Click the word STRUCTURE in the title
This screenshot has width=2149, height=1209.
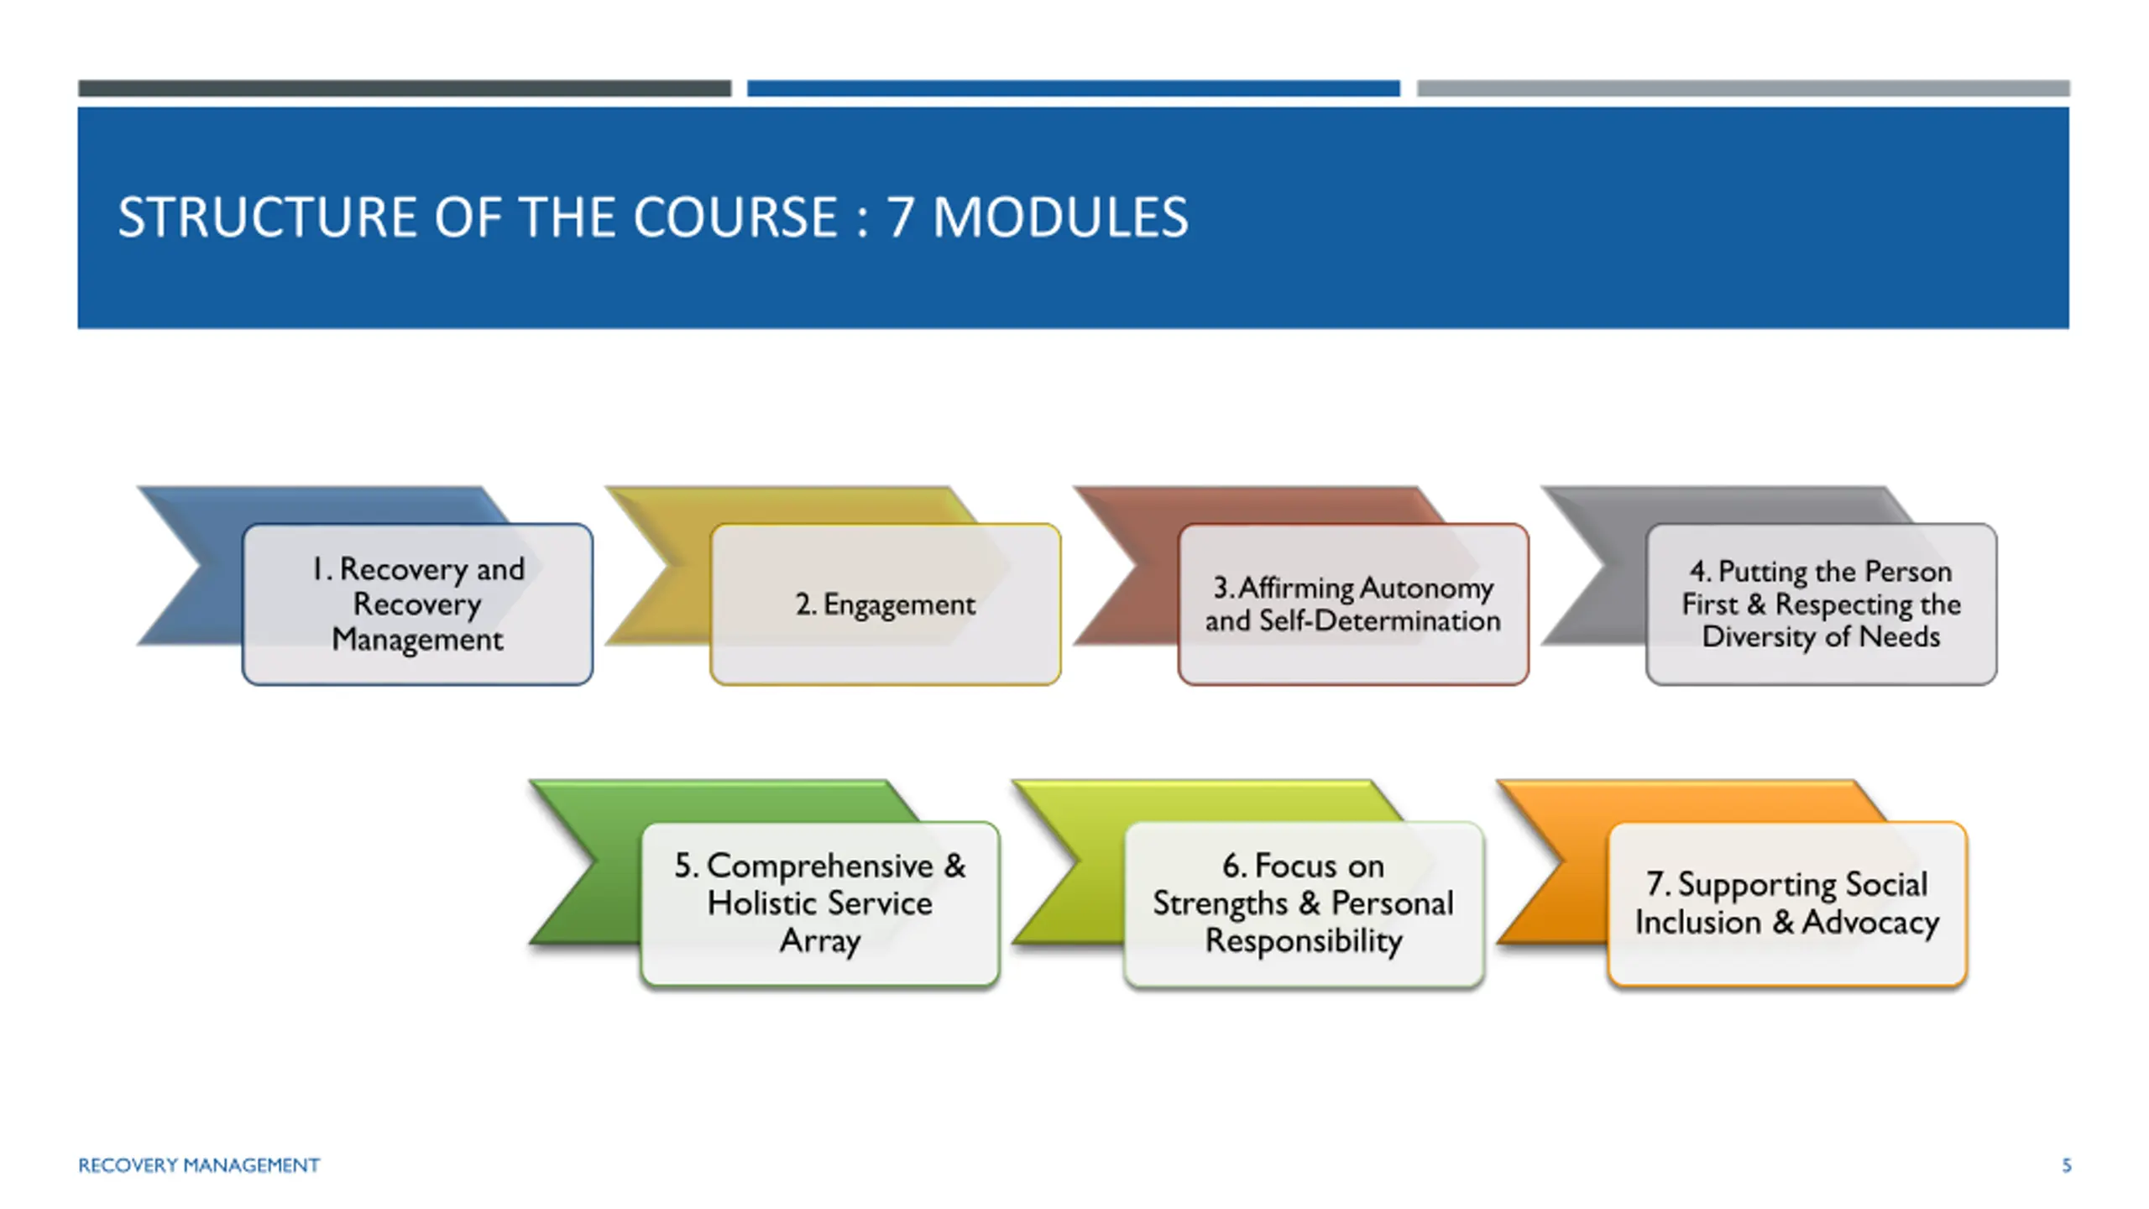point(268,217)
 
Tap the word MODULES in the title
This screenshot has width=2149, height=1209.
point(1060,217)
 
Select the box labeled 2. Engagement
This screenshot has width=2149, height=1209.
point(886,604)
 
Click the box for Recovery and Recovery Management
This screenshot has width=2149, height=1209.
point(417,604)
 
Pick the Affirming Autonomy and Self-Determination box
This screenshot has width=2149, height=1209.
point(1353,604)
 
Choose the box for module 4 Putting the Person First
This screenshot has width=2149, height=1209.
point(1822,604)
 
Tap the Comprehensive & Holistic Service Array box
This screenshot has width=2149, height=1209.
point(820,903)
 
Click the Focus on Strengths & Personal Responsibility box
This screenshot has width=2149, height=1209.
point(1304,903)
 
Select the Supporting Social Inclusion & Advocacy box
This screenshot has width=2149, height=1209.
point(1787,903)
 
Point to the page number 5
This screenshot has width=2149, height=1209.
point(2067,1165)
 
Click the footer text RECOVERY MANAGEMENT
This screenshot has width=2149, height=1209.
point(199,1165)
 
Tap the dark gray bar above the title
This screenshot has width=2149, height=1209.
point(405,88)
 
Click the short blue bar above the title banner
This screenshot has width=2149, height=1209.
point(1074,88)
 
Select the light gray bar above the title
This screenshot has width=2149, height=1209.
point(1744,88)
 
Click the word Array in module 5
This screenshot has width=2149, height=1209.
point(820,941)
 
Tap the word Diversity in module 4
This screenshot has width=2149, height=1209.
point(1759,637)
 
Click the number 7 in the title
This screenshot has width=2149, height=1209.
point(900,217)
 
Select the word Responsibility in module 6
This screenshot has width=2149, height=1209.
point(1304,941)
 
